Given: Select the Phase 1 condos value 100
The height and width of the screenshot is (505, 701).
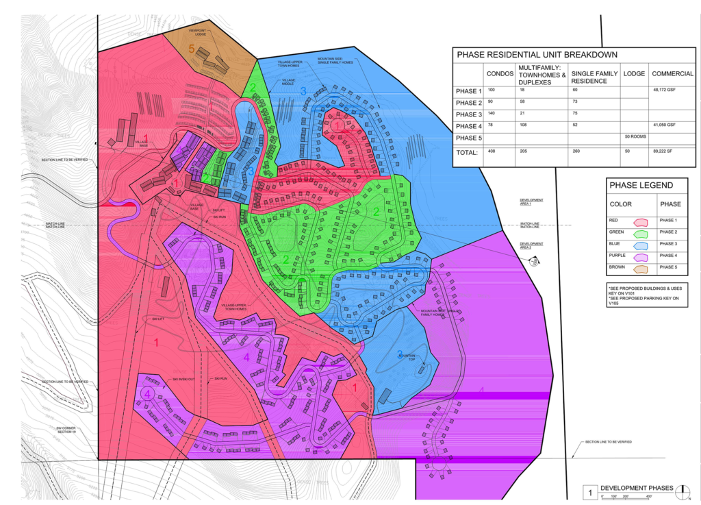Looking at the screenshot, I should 491,90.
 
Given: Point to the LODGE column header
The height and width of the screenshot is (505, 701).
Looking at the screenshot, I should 634,73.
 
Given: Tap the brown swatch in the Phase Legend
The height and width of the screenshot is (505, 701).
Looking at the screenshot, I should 641,268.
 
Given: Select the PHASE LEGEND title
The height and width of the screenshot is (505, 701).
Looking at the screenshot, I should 646,185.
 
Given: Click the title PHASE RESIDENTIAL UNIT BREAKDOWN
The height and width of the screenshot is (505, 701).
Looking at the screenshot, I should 537,55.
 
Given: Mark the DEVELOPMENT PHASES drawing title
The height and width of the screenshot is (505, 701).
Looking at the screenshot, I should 636,488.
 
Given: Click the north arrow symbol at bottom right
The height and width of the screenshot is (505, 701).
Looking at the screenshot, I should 687,491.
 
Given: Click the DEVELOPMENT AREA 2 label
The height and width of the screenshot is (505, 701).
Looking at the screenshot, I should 532,245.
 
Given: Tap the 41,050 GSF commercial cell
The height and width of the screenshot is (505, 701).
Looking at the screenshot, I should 666,125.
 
